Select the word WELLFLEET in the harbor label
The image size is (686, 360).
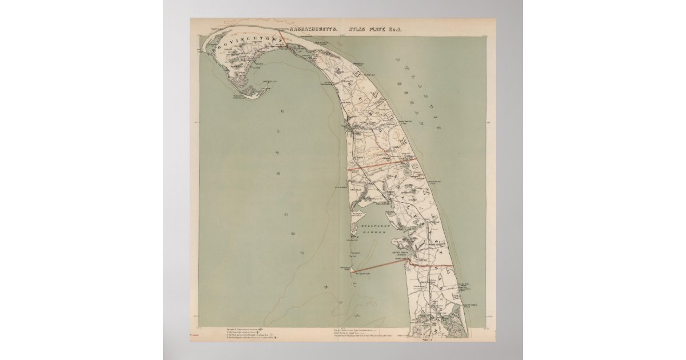tap(374, 227)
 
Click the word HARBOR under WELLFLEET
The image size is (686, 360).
tap(375, 234)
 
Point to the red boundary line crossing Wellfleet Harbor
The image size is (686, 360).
tap(377, 266)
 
